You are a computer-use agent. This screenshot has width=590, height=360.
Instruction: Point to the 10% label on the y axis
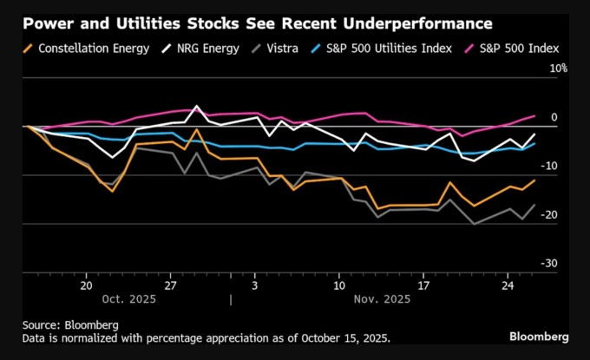pos(559,68)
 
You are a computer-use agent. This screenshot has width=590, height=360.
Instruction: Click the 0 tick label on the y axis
pos(554,117)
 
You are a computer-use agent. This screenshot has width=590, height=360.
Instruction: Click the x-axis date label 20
pos(87,285)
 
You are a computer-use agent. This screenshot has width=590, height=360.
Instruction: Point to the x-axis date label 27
pos(171,285)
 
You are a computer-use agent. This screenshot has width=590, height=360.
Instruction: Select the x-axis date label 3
pos(254,285)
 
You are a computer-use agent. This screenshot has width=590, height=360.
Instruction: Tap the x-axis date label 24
pos(507,285)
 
